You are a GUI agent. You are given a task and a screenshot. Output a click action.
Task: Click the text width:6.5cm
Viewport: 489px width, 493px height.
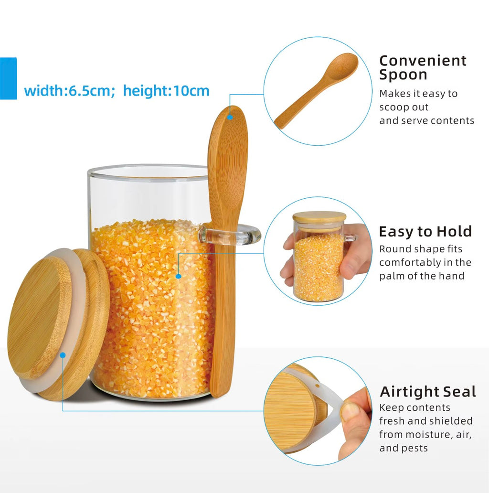[67, 91]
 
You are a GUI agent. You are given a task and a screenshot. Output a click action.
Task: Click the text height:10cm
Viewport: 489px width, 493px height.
[166, 91]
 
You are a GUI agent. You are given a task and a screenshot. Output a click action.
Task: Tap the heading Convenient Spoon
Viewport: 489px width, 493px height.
[423, 68]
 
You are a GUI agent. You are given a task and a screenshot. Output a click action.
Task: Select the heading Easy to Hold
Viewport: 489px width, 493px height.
[425, 232]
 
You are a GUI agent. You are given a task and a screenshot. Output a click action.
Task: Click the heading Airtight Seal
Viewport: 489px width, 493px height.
[428, 392]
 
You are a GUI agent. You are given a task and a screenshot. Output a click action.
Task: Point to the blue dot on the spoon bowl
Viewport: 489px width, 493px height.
[230, 117]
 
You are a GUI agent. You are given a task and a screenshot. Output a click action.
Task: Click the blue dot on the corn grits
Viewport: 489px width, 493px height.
[179, 277]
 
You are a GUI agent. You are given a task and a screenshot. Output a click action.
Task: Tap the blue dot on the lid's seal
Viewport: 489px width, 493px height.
[63, 355]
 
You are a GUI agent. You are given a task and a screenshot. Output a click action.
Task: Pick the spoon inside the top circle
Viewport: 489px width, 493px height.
[316, 91]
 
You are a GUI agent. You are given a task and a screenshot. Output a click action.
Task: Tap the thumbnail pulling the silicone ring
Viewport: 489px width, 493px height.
[350, 412]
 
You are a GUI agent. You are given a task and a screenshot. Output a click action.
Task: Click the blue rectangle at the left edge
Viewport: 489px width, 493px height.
[8, 78]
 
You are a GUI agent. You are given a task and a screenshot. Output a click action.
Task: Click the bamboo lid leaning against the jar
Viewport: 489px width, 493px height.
[58, 324]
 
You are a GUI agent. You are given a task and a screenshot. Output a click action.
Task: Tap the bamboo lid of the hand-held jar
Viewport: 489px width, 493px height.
[319, 217]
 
